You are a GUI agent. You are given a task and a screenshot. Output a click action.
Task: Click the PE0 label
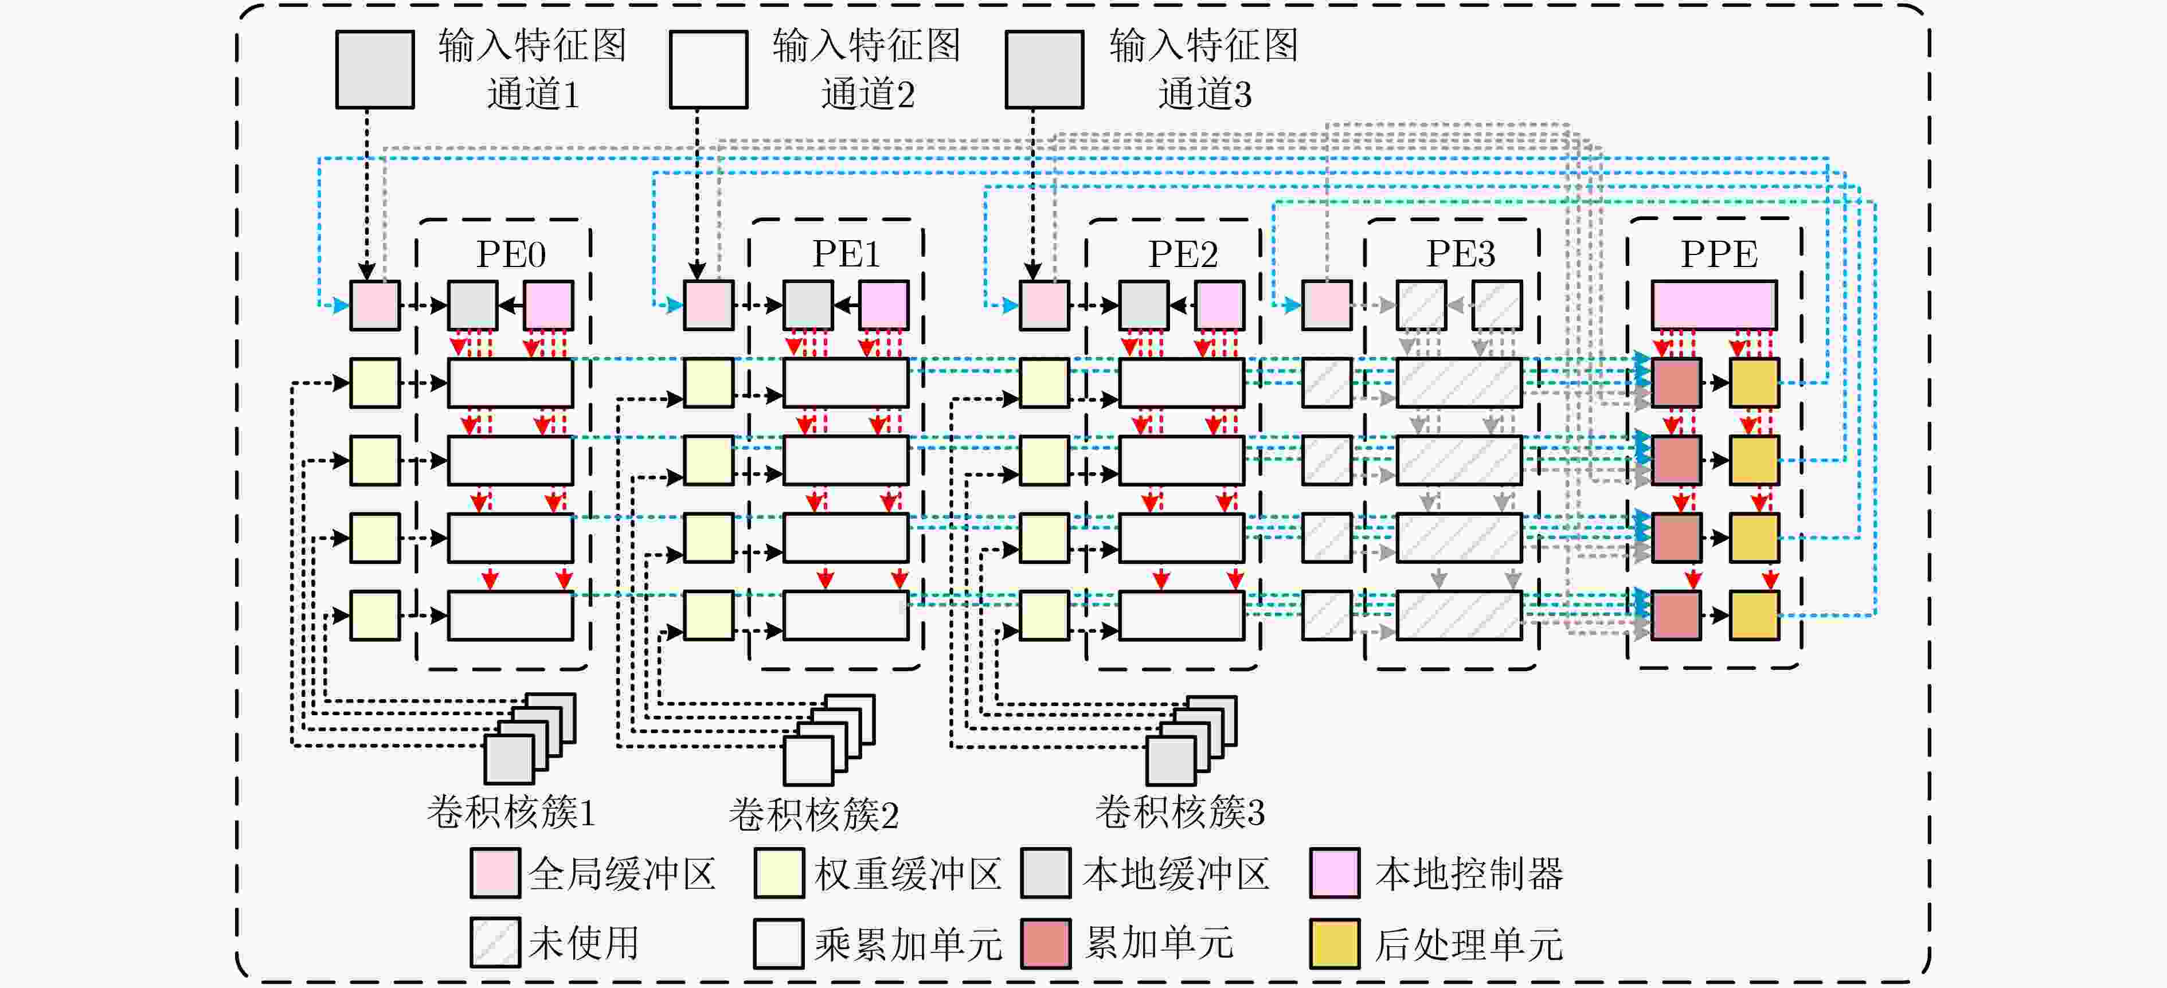coord(511,253)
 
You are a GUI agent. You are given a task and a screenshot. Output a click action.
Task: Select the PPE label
coord(1719,253)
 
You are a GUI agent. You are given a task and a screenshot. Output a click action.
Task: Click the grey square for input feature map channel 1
coord(375,70)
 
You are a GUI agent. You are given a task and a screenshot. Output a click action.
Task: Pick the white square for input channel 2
coord(709,70)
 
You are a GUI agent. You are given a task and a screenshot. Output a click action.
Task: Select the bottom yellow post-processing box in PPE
coord(1754,615)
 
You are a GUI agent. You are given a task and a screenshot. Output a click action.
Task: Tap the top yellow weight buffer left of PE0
coord(375,383)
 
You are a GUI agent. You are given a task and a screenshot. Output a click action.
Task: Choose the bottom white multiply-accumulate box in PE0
coord(511,615)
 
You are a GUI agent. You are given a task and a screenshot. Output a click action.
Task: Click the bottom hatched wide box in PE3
coord(1460,615)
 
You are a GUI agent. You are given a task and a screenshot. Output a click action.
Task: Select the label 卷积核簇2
coord(813,814)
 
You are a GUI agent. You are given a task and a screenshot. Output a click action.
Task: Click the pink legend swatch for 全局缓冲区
coord(495,873)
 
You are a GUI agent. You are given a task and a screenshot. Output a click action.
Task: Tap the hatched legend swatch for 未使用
coord(495,943)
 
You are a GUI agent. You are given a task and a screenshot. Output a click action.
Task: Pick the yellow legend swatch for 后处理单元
coord(1335,943)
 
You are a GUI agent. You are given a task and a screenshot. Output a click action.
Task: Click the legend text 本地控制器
coord(1469,873)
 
